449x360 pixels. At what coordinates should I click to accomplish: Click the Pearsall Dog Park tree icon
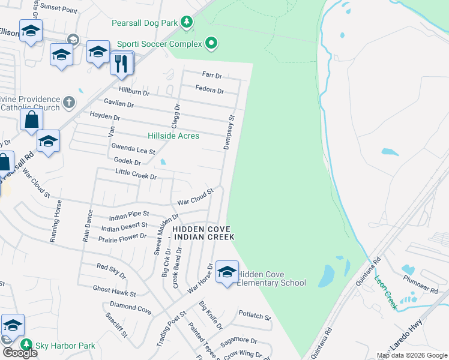[187, 23]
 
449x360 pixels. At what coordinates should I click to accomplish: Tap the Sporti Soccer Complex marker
[211, 43]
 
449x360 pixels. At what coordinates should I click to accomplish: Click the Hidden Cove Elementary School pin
[227, 273]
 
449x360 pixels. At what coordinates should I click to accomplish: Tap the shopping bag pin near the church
[31, 119]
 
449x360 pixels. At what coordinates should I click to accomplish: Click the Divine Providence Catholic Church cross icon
[69, 101]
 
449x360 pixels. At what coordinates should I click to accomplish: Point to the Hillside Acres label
[173, 136]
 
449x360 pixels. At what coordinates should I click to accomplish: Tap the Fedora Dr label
[209, 91]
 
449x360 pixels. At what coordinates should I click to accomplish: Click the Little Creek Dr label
[136, 175]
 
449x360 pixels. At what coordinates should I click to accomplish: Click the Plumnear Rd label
[421, 284]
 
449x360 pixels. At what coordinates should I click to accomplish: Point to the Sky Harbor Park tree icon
[26, 345]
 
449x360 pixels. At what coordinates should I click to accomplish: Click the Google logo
[19, 352]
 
